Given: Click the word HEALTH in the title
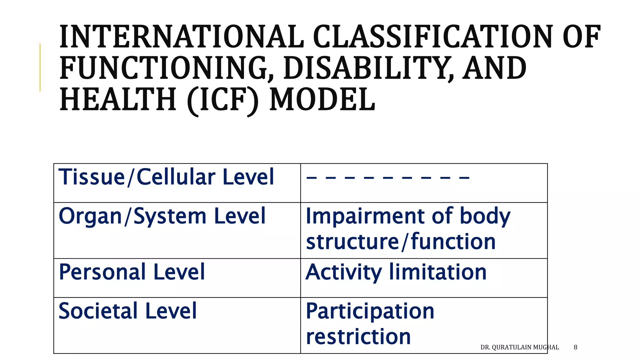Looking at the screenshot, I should click(x=118, y=99).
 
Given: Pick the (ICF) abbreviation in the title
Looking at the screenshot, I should click(x=223, y=100).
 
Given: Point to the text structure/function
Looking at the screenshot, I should click(x=401, y=242).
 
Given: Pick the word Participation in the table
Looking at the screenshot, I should click(x=370, y=312).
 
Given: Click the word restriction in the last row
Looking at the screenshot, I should click(x=358, y=337).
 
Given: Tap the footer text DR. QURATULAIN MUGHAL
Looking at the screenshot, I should click(x=519, y=347).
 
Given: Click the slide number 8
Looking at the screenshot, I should click(x=575, y=347).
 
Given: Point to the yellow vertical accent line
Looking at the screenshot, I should click(x=40, y=67).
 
